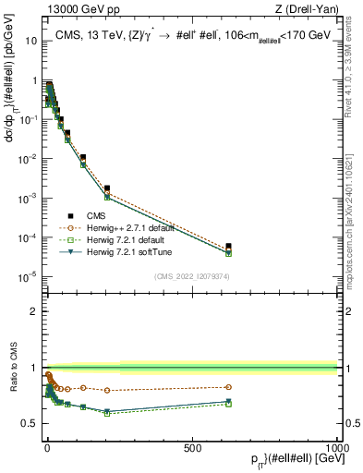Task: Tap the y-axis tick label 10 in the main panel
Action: point(30,42)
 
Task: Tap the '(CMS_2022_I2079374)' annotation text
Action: point(191,275)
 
